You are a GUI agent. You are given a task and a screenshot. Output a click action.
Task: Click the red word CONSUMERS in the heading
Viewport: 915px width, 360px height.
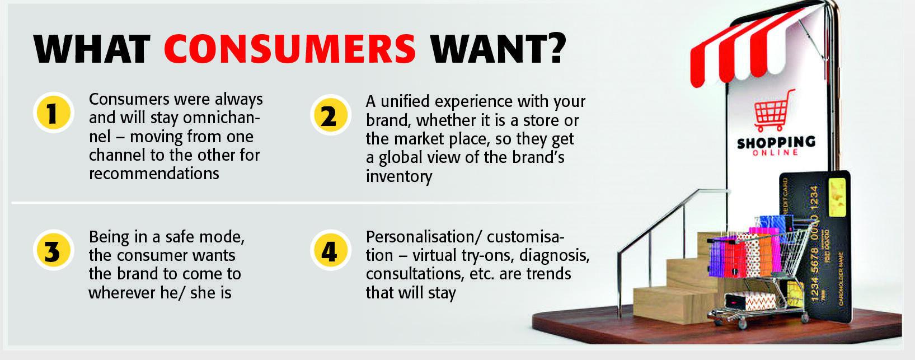[290, 49]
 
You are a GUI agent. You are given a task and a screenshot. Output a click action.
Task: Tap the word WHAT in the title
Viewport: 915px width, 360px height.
[92, 49]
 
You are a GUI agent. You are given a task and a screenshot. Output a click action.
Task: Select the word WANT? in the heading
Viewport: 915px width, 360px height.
[498, 49]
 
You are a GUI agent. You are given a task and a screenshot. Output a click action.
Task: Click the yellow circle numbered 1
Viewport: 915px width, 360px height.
[53, 113]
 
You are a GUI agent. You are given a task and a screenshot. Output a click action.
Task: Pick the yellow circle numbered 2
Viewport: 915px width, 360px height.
[330, 115]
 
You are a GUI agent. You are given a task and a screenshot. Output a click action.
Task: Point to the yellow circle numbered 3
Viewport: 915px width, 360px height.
[53, 250]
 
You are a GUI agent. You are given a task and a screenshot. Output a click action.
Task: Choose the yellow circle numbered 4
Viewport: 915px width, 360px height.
[330, 250]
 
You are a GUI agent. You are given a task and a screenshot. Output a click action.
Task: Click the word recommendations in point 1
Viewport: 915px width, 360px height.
[154, 174]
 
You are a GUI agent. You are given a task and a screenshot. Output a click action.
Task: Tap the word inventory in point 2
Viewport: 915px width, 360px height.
[398, 176]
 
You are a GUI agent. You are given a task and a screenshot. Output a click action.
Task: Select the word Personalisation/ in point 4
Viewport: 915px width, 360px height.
[424, 237]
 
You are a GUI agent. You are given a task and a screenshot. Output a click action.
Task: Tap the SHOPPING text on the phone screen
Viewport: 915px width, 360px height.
[776, 142]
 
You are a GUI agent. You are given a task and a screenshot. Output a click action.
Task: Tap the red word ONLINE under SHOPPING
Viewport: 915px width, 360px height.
[775, 152]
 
